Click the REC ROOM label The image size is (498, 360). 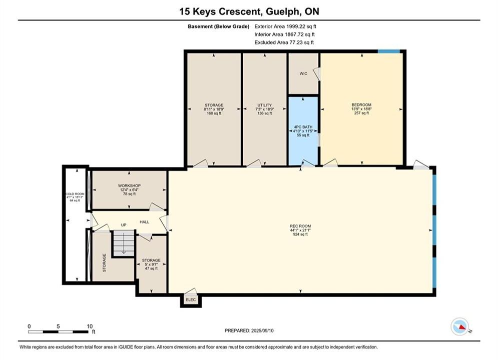pos(300,226)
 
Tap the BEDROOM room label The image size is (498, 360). pos(361,104)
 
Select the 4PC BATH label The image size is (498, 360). pos(303,127)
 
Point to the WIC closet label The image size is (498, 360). pos(303,73)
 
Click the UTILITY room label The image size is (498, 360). pos(265,105)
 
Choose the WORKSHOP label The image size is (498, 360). pos(129,185)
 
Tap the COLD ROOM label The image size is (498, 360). pos(75,194)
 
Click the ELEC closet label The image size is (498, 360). pos(191,299)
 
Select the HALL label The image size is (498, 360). pos(145,222)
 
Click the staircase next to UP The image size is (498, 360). pos(124,243)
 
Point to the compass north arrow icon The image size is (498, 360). pos(459,326)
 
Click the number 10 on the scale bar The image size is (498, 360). pos(90,326)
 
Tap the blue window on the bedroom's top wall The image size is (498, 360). pos(389,51)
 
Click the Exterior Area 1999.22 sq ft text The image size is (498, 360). pos(285,26)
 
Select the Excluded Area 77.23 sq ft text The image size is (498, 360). pos(284,42)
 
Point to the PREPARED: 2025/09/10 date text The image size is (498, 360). pos(249,330)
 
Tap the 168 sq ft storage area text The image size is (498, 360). pos(214,113)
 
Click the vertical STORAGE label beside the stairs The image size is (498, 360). pos(104,262)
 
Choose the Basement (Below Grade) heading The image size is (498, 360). pos(219,26)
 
